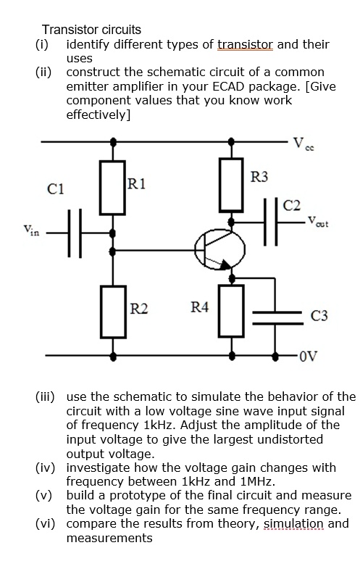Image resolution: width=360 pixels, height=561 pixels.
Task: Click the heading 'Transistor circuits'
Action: point(91,30)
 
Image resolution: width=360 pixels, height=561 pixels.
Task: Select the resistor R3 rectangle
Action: point(230,185)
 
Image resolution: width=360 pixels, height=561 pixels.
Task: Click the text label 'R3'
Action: point(258,177)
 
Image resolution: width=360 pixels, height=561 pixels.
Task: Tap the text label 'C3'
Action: point(319,315)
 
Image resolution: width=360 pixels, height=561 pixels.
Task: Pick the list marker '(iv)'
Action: point(49,467)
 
